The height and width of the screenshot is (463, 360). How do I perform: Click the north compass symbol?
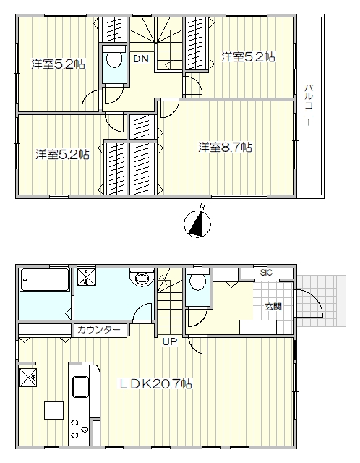tap(197, 223)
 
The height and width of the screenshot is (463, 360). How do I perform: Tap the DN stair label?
tap(141, 59)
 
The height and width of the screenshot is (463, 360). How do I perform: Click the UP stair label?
tap(170, 341)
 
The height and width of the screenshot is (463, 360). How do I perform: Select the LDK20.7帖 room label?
tap(156, 384)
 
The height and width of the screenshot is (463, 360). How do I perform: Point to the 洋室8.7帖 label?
tap(225, 147)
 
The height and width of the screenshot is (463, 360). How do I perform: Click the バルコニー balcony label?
tap(309, 105)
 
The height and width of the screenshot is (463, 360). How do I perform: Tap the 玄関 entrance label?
tap(273, 307)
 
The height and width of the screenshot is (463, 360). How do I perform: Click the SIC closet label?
tap(266, 273)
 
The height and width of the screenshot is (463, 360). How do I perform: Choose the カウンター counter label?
tap(99, 330)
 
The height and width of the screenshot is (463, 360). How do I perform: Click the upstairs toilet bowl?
tap(114, 59)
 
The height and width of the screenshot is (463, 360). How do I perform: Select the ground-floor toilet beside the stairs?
tap(198, 281)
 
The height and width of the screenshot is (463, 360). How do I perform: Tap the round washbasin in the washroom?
tap(142, 278)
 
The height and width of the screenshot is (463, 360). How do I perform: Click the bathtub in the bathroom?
tap(45, 280)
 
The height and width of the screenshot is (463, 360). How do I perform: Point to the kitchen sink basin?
tap(80, 386)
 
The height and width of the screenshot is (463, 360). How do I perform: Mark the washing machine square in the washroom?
tap(87, 277)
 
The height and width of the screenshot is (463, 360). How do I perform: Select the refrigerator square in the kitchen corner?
tap(28, 377)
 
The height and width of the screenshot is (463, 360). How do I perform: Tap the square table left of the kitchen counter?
tap(54, 410)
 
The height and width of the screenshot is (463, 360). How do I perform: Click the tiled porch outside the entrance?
tap(321, 301)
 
